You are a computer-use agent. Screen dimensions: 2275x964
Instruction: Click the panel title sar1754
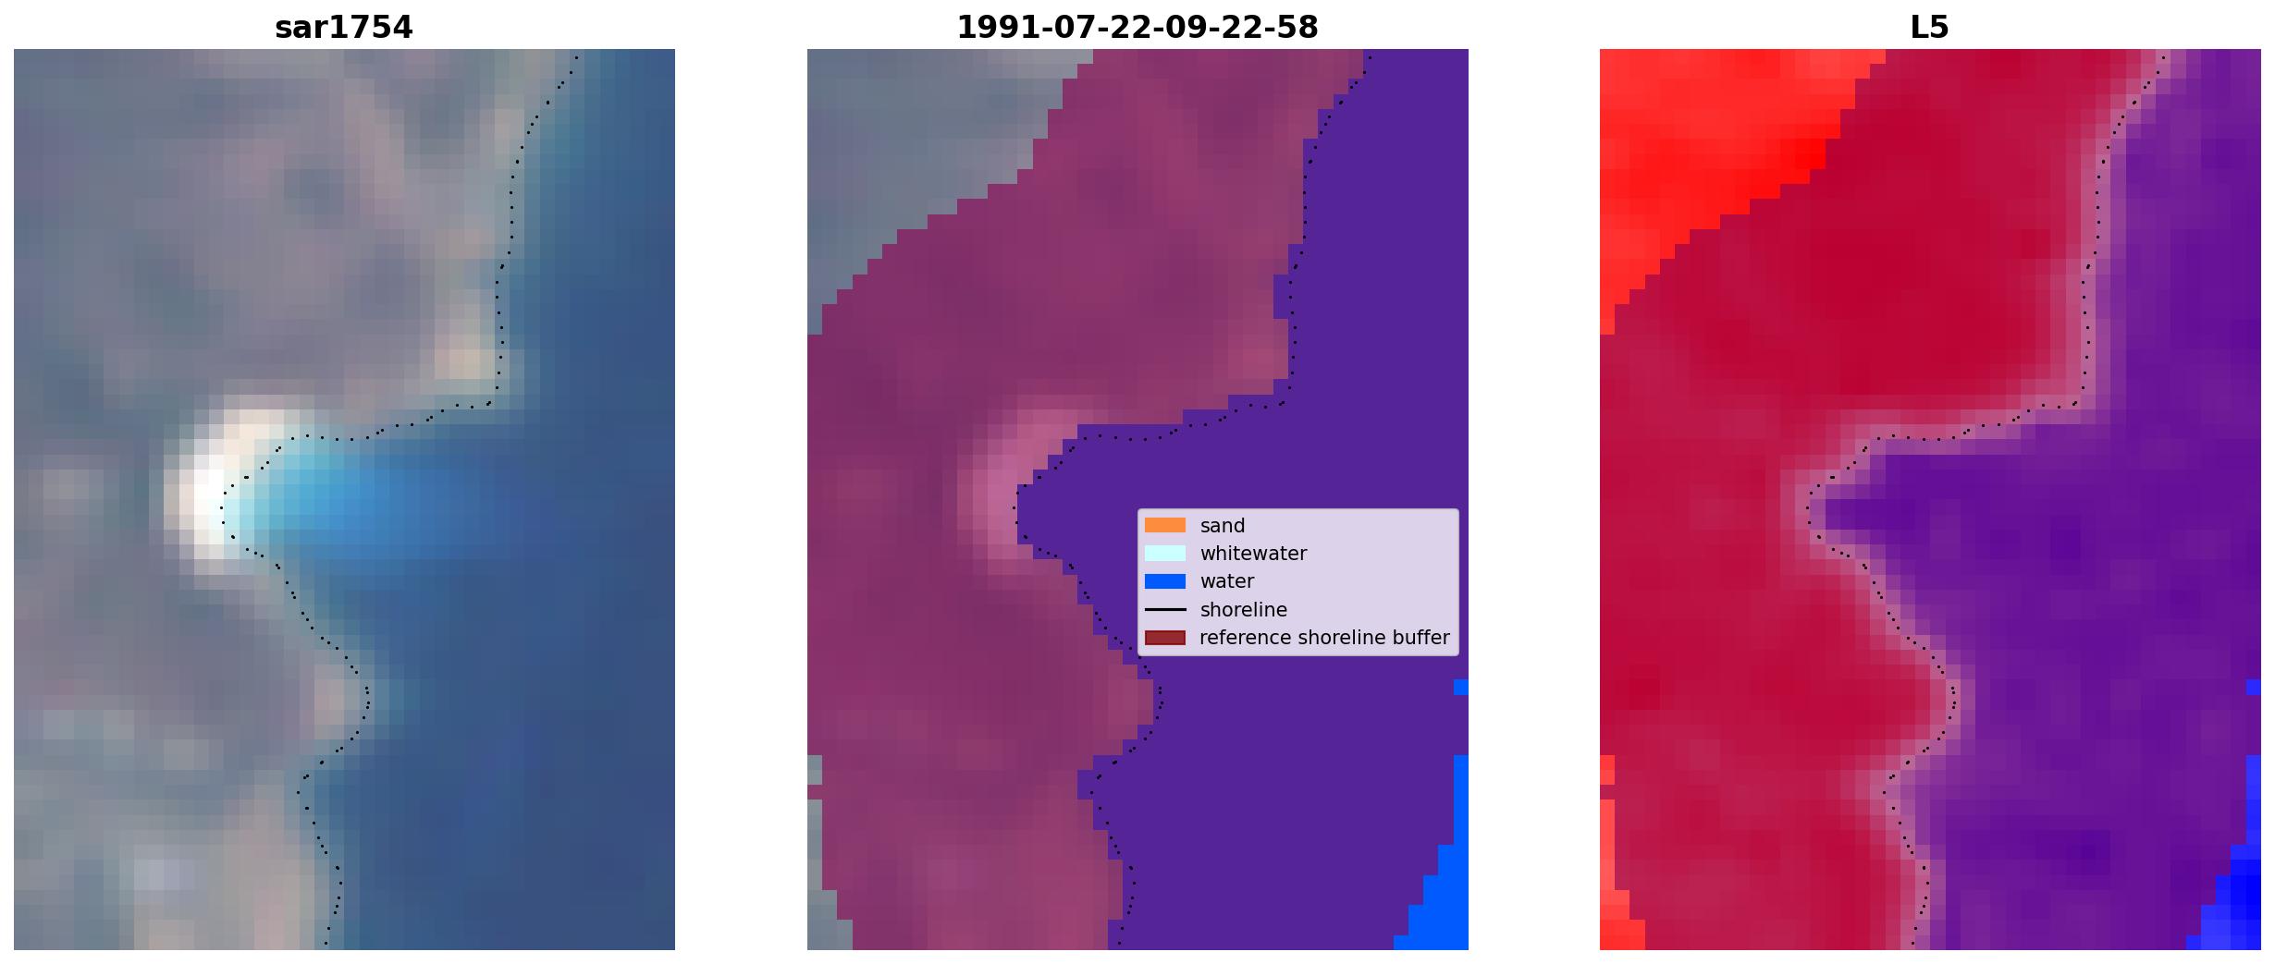coord(343,28)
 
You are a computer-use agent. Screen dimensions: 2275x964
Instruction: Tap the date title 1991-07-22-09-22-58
coord(1137,28)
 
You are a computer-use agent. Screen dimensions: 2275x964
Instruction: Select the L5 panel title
coord(1929,28)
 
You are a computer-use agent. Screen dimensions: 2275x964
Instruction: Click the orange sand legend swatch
coord(1165,525)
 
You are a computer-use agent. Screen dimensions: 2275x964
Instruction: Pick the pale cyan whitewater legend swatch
coord(1165,553)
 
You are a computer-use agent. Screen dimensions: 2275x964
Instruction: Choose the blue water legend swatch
coord(1165,581)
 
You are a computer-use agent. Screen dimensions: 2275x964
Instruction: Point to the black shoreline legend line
coord(1165,609)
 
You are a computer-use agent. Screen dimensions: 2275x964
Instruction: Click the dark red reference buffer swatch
coord(1165,638)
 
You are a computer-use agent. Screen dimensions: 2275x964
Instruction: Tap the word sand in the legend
coord(1223,526)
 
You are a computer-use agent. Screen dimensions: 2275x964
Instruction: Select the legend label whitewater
coord(1253,554)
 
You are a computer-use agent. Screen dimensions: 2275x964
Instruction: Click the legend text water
coord(1227,581)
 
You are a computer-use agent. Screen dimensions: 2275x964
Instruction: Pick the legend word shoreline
coord(1244,610)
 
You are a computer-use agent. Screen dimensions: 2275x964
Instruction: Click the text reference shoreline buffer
coord(1324,638)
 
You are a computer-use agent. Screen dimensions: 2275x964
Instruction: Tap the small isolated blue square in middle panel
coord(1461,687)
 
